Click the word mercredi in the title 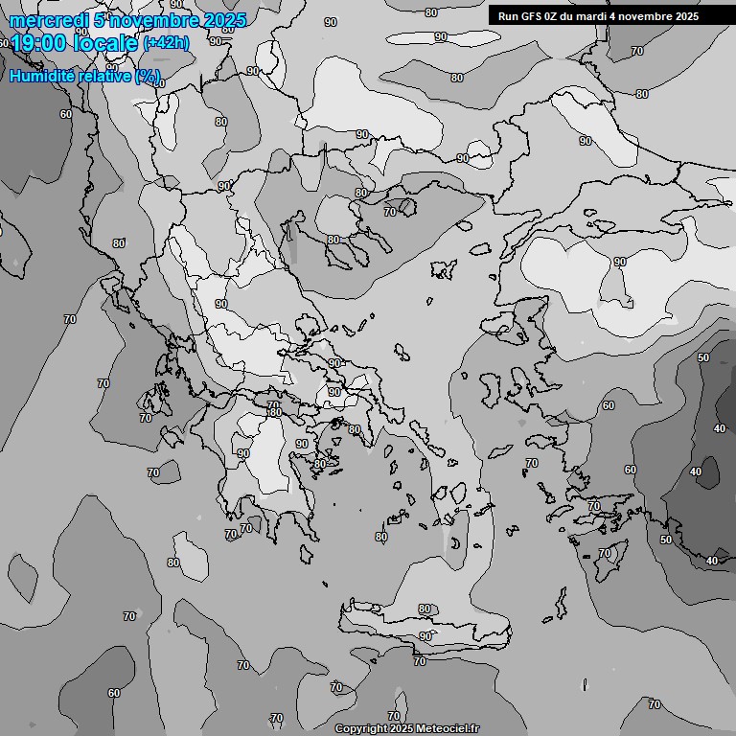tap(43, 20)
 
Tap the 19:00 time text tap(38, 42)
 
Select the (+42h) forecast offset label tap(167, 43)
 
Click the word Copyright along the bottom tap(359, 729)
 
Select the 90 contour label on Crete tap(425, 636)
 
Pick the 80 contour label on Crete tap(425, 609)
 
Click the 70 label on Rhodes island tap(605, 553)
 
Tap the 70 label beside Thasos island tap(389, 212)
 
